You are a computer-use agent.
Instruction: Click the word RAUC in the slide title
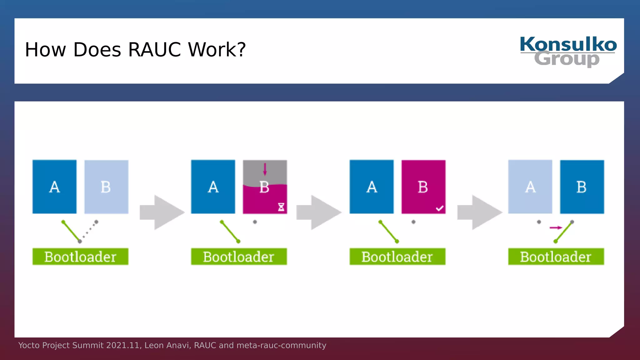coord(154,50)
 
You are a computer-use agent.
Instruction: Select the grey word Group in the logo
coord(567,59)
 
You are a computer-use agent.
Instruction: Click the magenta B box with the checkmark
coord(423,187)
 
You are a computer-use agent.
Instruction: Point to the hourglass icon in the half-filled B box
coord(281,207)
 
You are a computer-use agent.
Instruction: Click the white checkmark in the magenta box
coord(439,208)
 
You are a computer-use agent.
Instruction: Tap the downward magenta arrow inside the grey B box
coord(265,169)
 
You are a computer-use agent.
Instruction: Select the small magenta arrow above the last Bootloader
coord(556,227)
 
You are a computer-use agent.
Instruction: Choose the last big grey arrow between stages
coord(480,212)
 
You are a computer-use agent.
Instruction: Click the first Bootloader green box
coord(80,257)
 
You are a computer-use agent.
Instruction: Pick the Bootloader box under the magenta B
coord(397,257)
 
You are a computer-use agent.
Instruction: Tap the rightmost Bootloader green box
coord(556,257)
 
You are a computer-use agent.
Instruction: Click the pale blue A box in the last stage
coord(530,187)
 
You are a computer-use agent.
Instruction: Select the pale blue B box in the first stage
coord(106,187)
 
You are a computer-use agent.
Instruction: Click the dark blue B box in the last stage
coord(582,187)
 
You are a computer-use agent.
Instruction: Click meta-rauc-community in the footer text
coord(281,345)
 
